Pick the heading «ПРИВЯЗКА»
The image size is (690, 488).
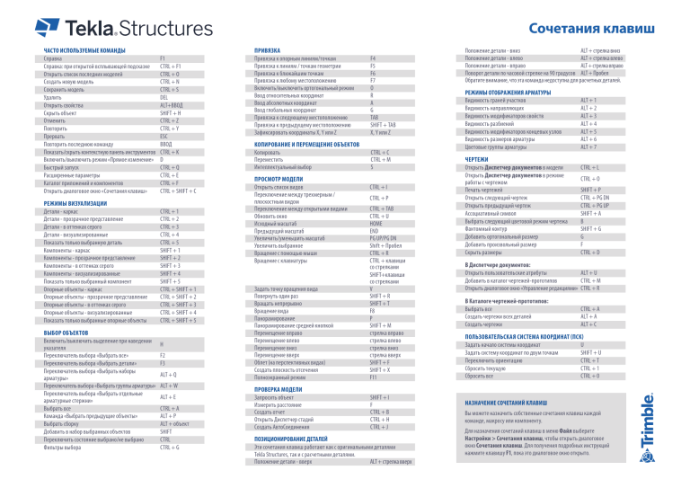tap(268, 49)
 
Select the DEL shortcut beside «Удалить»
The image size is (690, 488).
tap(164, 96)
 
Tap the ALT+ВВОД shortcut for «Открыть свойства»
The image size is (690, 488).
tap(172, 104)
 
